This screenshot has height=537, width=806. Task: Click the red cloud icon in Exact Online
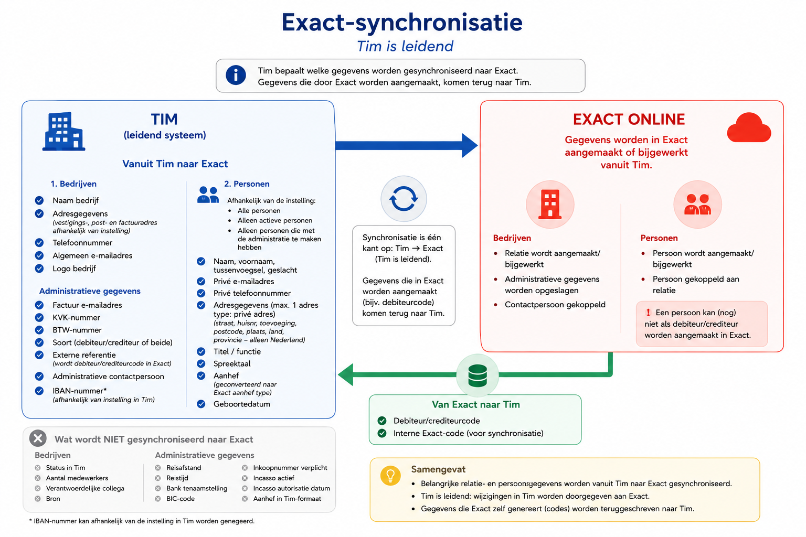point(749,127)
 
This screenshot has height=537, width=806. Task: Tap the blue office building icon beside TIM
point(63,131)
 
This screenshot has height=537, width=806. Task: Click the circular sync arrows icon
point(404,199)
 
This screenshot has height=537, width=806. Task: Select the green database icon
point(478,375)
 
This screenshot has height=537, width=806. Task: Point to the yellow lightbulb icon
point(390,476)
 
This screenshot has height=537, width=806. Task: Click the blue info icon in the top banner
point(236,75)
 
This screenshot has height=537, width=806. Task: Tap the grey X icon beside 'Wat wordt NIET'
point(38,438)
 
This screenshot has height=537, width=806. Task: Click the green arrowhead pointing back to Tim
point(345,374)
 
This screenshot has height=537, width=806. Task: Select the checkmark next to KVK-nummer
point(39,318)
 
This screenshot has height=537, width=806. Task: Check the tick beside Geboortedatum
point(201,404)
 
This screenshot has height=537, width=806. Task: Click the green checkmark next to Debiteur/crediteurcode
point(382,421)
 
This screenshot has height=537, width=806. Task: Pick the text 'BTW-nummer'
point(77,330)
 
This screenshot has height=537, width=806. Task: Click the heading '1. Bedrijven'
point(73,184)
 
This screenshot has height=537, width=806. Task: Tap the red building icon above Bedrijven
point(550,205)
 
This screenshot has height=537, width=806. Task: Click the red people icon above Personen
point(698,205)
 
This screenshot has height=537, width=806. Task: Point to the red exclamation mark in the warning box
point(649,313)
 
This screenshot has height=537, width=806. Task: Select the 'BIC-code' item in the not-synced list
point(181,499)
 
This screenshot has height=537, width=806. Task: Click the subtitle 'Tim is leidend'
point(405,46)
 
